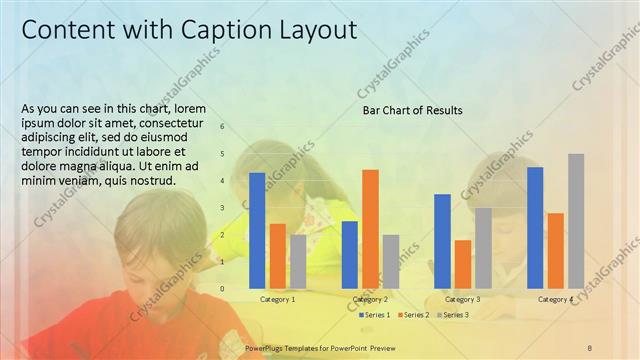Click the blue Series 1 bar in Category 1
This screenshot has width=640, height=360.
[x=257, y=230]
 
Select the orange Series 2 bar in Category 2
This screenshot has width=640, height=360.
[x=370, y=228]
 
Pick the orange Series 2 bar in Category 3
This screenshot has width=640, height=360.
[x=462, y=263]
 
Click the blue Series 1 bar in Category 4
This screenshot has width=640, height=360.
[x=535, y=227]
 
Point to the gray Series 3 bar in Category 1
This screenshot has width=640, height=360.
[x=298, y=261]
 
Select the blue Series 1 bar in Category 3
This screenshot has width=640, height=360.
[x=442, y=240]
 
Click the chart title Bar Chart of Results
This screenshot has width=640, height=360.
[x=412, y=110]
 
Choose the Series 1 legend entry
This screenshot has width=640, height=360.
[x=375, y=315]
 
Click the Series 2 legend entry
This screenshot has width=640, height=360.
[x=415, y=315]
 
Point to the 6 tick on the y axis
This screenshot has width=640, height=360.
[x=222, y=127]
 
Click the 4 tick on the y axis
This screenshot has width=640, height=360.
[x=222, y=181]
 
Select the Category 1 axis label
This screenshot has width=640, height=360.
[x=277, y=299]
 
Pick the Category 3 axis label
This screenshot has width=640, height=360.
[x=462, y=299]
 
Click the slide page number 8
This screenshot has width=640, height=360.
[x=590, y=347]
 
